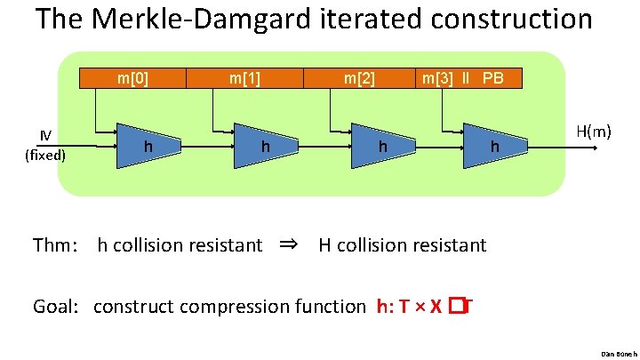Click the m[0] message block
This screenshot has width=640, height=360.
[132, 78]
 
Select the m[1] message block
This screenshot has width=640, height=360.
[244, 78]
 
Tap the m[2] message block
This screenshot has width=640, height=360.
[360, 78]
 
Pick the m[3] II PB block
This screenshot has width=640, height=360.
[463, 78]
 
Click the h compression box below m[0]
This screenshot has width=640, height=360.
[148, 144]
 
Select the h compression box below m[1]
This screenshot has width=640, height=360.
[264, 144]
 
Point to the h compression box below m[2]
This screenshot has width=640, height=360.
[381, 144]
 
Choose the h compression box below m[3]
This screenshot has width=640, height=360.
[494, 144]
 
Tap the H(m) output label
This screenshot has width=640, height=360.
[593, 132]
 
